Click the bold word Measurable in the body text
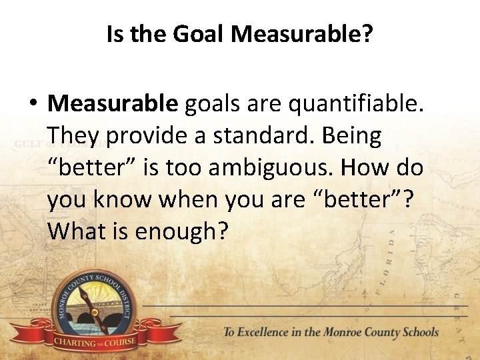tap(113, 103)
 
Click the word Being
tap(352, 135)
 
